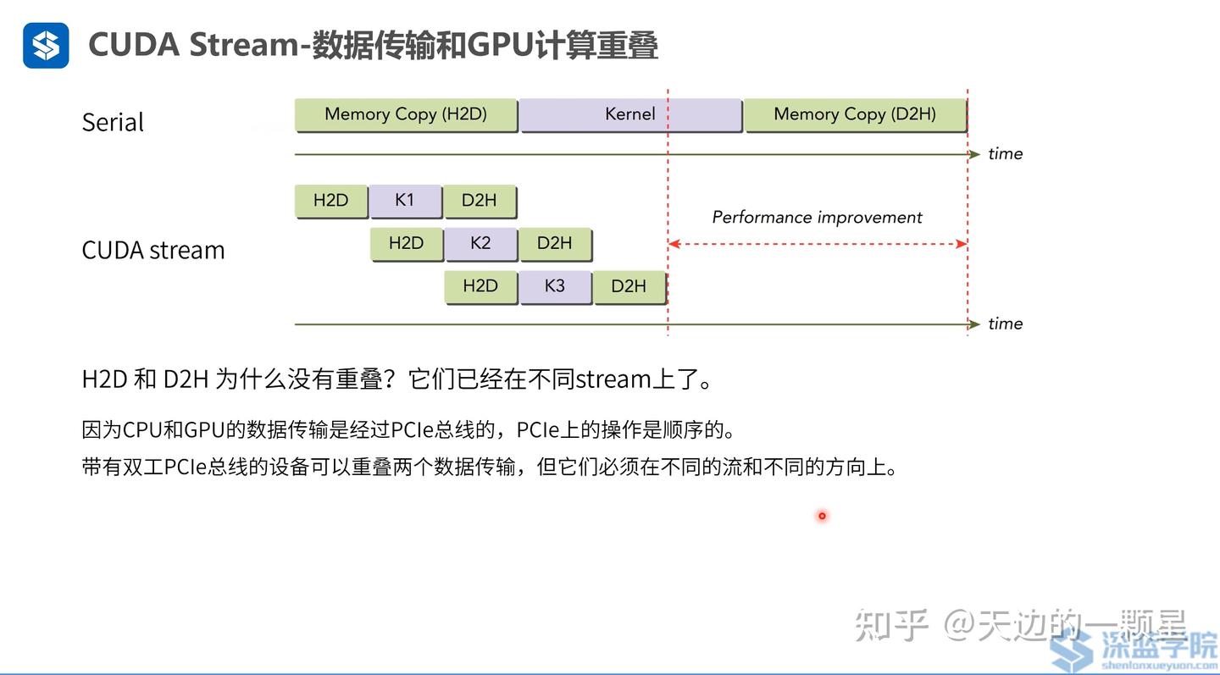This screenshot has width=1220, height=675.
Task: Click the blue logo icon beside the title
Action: [46, 45]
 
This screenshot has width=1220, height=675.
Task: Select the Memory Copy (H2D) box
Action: [406, 114]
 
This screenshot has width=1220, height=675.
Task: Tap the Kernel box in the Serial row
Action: [630, 114]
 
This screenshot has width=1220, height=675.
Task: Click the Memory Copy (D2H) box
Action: [855, 114]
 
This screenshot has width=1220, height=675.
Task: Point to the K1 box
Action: [405, 201]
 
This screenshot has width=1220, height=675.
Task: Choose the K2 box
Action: [480, 243]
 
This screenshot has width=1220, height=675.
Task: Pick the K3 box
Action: [555, 286]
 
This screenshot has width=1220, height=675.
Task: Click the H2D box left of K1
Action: [331, 201]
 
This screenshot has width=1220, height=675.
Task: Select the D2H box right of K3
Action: [629, 286]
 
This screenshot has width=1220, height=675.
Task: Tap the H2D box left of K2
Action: [407, 243]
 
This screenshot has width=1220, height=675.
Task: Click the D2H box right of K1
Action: [480, 201]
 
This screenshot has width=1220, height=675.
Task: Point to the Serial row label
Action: [113, 123]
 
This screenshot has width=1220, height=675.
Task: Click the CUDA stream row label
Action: [153, 251]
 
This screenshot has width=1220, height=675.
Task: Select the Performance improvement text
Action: [817, 218]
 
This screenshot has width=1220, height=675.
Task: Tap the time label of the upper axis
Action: [1006, 154]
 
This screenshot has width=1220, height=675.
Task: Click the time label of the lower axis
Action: [1006, 324]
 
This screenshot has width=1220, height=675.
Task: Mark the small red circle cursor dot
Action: [822, 516]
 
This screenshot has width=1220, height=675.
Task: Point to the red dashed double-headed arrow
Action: [817, 244]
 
